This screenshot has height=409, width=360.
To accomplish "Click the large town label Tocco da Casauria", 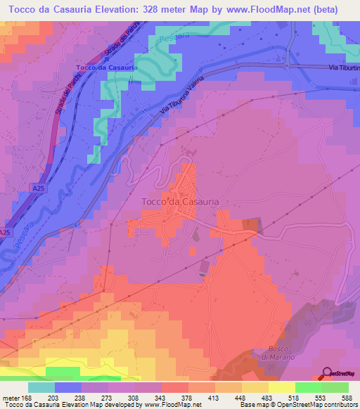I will (181, 201).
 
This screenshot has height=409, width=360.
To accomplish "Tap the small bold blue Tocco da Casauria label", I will (105, 67).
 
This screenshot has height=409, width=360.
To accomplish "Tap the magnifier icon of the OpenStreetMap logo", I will (327, 373).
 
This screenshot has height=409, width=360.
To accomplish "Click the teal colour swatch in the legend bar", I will (41, 387).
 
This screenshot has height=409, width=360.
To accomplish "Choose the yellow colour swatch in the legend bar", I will (281, 387).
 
